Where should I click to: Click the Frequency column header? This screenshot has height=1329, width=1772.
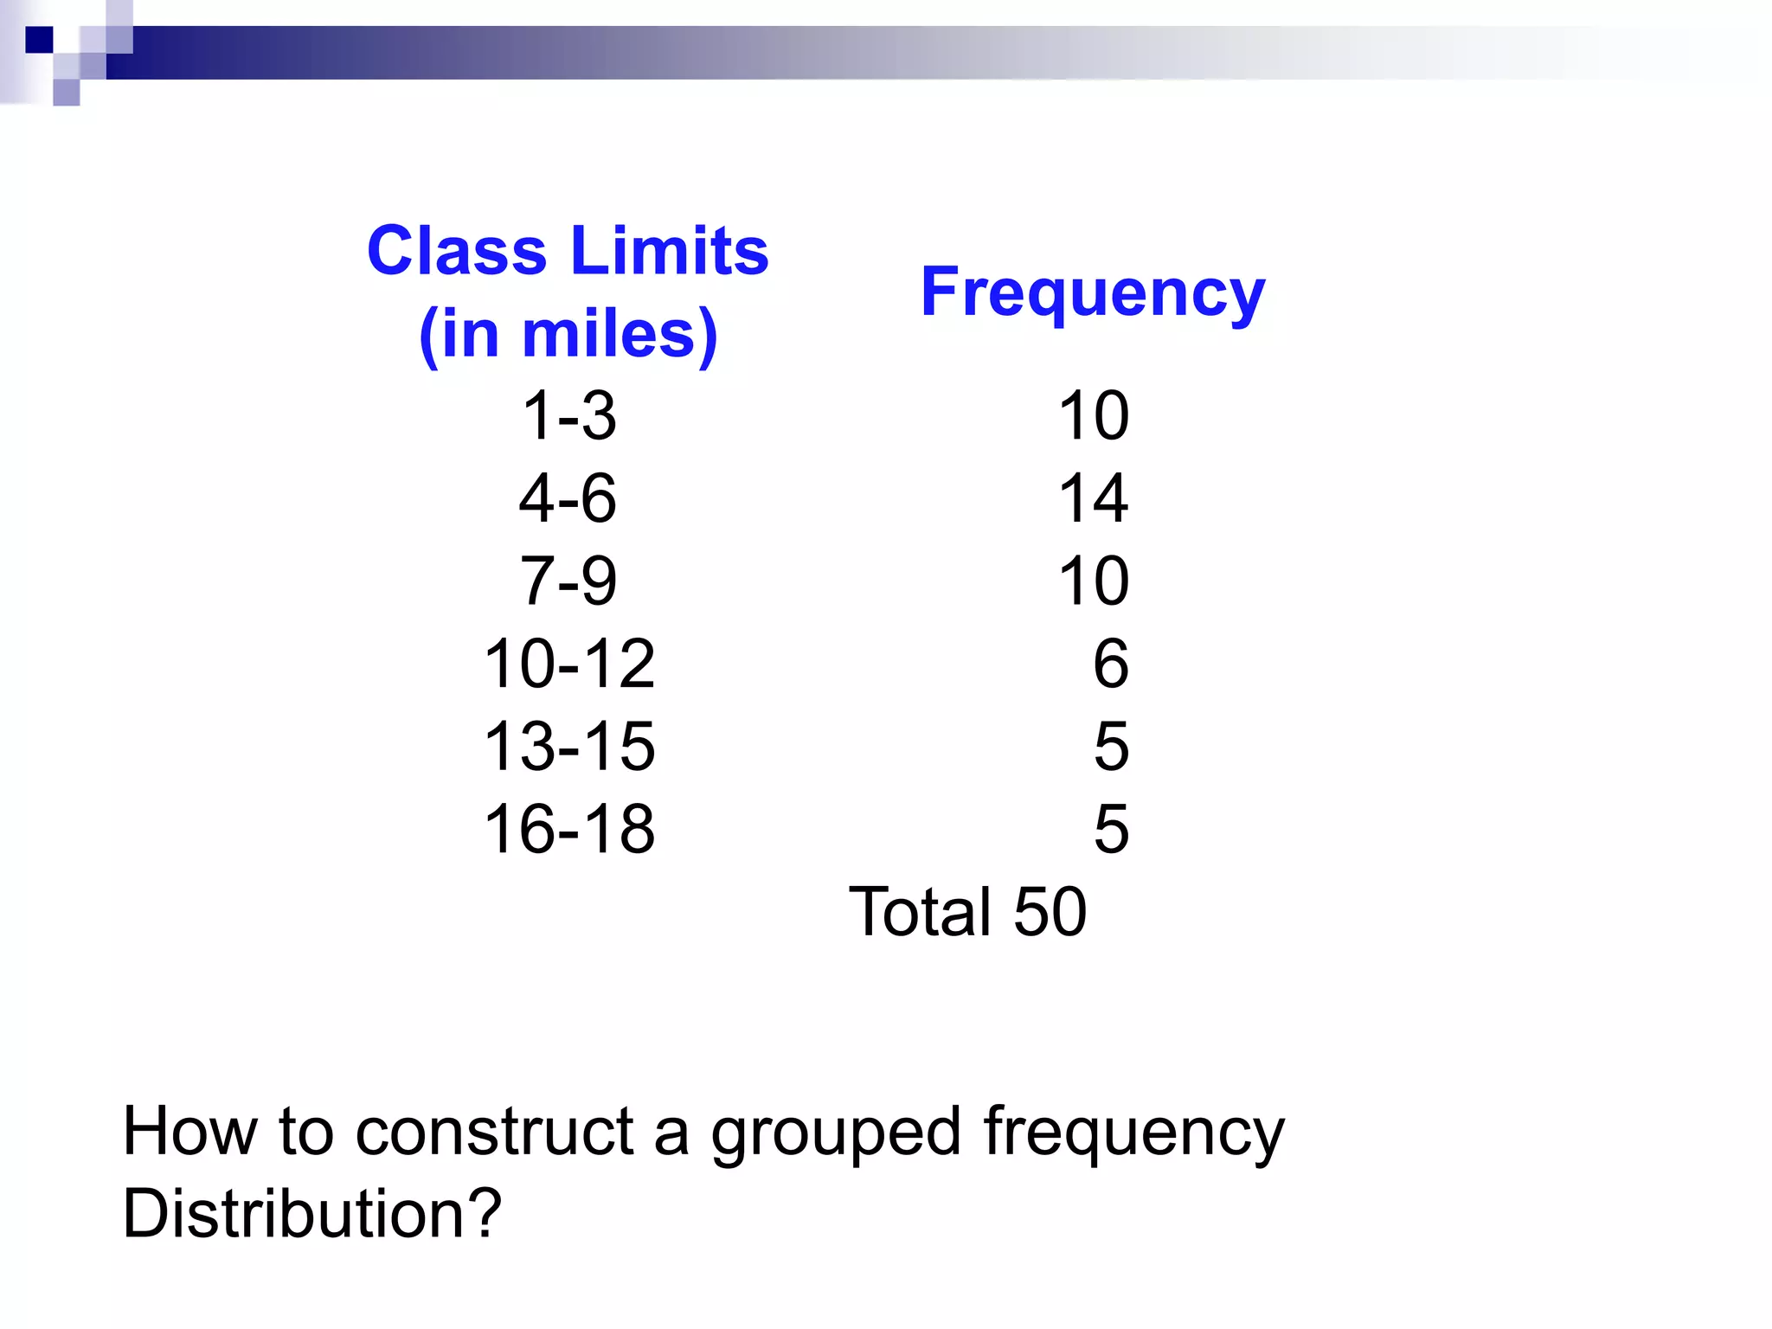1092,292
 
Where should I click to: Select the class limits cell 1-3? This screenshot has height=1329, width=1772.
568,415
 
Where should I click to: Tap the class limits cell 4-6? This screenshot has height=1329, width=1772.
568,498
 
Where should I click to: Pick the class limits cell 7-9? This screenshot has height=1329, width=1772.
568,581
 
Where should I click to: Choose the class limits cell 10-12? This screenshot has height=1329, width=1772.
568,664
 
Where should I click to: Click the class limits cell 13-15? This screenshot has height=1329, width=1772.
568,746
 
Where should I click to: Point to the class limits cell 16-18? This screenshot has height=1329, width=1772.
568,829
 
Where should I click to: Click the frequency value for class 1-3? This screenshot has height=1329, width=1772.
1094,415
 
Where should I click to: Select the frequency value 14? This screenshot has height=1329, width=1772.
1094,498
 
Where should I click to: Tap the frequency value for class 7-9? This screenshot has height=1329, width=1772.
1094,581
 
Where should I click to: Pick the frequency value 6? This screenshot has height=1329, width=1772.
1111,664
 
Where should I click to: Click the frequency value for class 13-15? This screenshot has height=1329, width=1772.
1111,746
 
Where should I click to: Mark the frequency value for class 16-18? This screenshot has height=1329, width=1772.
1111,829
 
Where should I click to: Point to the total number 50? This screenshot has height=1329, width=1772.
1050,912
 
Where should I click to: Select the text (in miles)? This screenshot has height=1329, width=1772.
568,334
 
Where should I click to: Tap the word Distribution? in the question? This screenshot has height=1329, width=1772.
311,1213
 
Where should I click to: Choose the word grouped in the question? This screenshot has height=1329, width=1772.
836,1133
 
